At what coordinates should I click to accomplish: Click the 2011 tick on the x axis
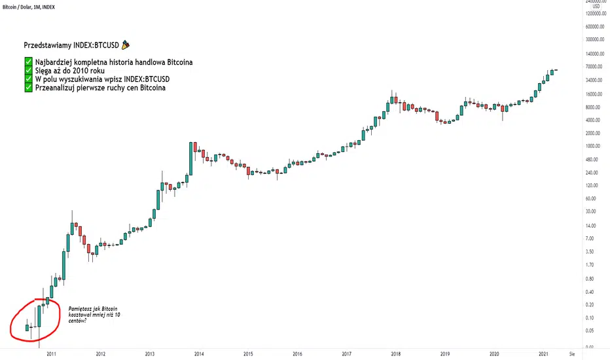tap(51, 353)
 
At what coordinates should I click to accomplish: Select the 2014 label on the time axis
tap(199, 353)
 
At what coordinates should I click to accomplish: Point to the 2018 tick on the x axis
tap(395, 353)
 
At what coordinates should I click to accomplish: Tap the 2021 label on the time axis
tap(543, 353)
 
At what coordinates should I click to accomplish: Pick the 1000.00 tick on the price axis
tap(592, 146)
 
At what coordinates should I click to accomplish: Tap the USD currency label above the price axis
tap(596, 7)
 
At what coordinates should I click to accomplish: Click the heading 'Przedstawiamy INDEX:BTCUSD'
tap(71, 46)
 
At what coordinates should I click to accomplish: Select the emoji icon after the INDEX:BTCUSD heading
tap(126, 45)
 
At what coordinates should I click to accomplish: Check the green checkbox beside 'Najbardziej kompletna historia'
tap(28, 63)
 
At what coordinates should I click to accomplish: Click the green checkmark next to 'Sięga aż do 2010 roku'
tap(28, 71)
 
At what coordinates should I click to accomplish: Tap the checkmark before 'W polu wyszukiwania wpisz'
tap(28, 80)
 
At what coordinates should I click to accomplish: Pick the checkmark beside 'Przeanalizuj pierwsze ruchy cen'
tap(28, 88)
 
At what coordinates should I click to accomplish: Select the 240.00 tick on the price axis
tap(593, 173)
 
